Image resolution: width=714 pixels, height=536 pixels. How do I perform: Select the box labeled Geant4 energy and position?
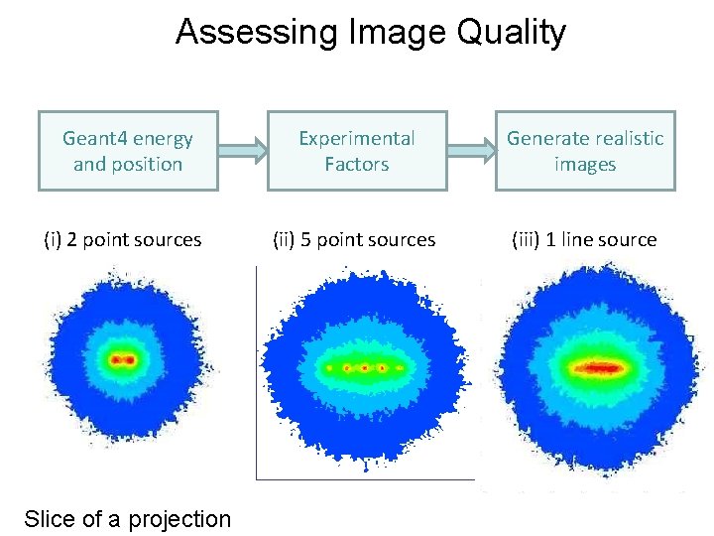(x=128, y=151)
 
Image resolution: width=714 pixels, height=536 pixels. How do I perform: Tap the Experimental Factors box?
(x=357, y=151)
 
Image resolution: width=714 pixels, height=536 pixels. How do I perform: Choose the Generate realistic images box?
(x=585, y=151)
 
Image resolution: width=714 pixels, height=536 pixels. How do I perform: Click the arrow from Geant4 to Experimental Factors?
(x=243, y=152)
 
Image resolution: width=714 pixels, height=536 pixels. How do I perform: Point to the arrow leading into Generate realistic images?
(x=471, y=152)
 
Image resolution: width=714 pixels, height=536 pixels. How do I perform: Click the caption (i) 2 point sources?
(x=123, y=239)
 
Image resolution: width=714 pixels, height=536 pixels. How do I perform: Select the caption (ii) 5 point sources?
(x=354, y=239)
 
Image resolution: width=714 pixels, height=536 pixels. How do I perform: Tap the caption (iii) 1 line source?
(x=584, y=239)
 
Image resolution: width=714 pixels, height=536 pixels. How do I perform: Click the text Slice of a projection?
(x=127, y=518)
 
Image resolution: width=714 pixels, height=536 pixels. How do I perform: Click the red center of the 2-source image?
(x=123, y=358)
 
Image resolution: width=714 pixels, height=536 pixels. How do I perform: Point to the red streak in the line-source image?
(x=596, y=367)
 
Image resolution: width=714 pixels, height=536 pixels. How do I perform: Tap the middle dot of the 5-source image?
(x=365, y=368)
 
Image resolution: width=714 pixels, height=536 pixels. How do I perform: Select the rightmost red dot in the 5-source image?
(x=400, y=368)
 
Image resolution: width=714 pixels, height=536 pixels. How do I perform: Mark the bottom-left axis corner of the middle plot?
(x=258, y=478)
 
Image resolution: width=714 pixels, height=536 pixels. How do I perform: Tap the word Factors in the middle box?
(x=357, y=164)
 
